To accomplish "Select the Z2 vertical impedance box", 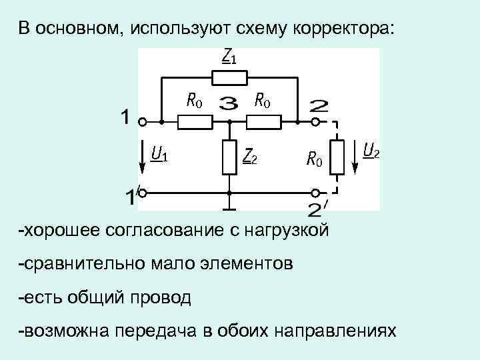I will click(229, 157).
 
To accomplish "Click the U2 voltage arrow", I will click(355, 158).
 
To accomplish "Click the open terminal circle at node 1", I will click(143, 122).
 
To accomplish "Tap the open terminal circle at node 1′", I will click(143, 193).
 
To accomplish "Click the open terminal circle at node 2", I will click(317, 122).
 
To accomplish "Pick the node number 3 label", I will click(229, 104).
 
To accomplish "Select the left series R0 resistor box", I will click(196, 122).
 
